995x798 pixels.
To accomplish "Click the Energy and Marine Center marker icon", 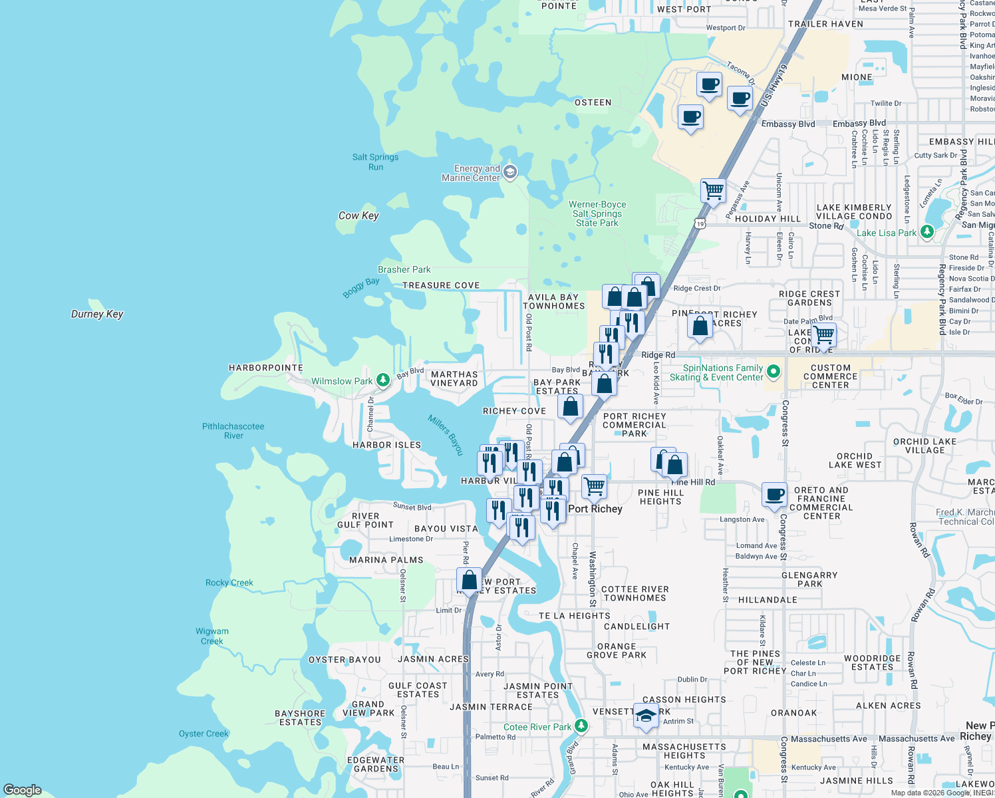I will pos(510,173).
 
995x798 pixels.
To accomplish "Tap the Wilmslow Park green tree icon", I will pos(383,380).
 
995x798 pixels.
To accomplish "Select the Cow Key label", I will pos(358,215).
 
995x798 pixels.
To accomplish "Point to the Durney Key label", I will pos(97,314).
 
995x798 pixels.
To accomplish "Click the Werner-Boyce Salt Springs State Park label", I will pos(597,213).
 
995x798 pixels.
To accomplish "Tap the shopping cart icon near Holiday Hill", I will pos(712,191).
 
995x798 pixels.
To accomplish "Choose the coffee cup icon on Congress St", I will pos(774,495).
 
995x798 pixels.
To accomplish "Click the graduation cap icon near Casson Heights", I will pos(646,716).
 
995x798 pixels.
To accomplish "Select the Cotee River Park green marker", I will pos(581,726).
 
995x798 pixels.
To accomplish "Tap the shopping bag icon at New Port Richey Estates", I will pos(470,580).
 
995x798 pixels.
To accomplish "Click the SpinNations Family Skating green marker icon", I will pos(773,372).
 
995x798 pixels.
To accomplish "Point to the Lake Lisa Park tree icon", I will pos(928,232).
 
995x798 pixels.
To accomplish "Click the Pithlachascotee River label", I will pos(233,431).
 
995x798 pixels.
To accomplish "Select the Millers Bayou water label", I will pos(446,435).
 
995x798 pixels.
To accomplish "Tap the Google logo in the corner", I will pos(23,790).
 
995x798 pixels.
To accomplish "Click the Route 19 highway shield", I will pos(700,223).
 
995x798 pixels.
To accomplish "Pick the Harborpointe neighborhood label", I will pos(266,368).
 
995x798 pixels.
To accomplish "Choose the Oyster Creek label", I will pos(204,733).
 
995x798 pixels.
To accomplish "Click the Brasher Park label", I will pos(404,269).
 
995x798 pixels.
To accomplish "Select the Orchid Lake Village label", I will pos(924,446).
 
